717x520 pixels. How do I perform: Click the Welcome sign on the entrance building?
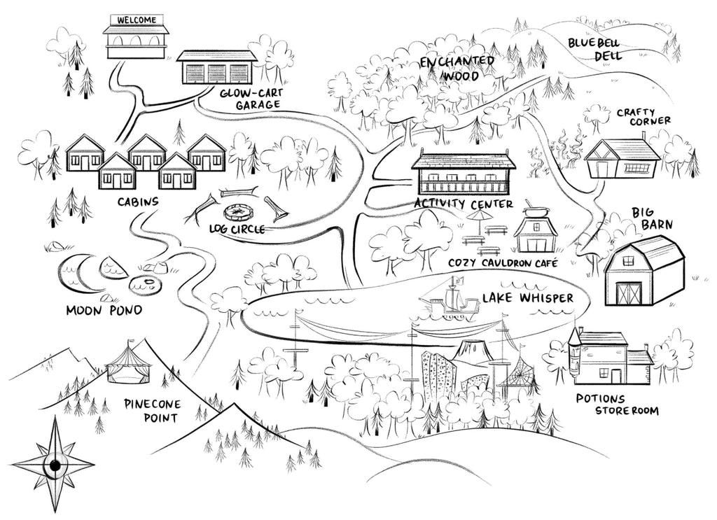coord(137,20)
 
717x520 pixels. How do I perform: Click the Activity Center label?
coord(463,204)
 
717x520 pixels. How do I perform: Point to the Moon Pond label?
coord(104,309)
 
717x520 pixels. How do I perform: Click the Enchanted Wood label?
coord(457,69)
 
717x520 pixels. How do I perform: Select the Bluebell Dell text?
coord(594,49)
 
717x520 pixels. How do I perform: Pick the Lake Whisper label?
coord(527,299)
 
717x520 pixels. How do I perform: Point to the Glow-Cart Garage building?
coord(216,67)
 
